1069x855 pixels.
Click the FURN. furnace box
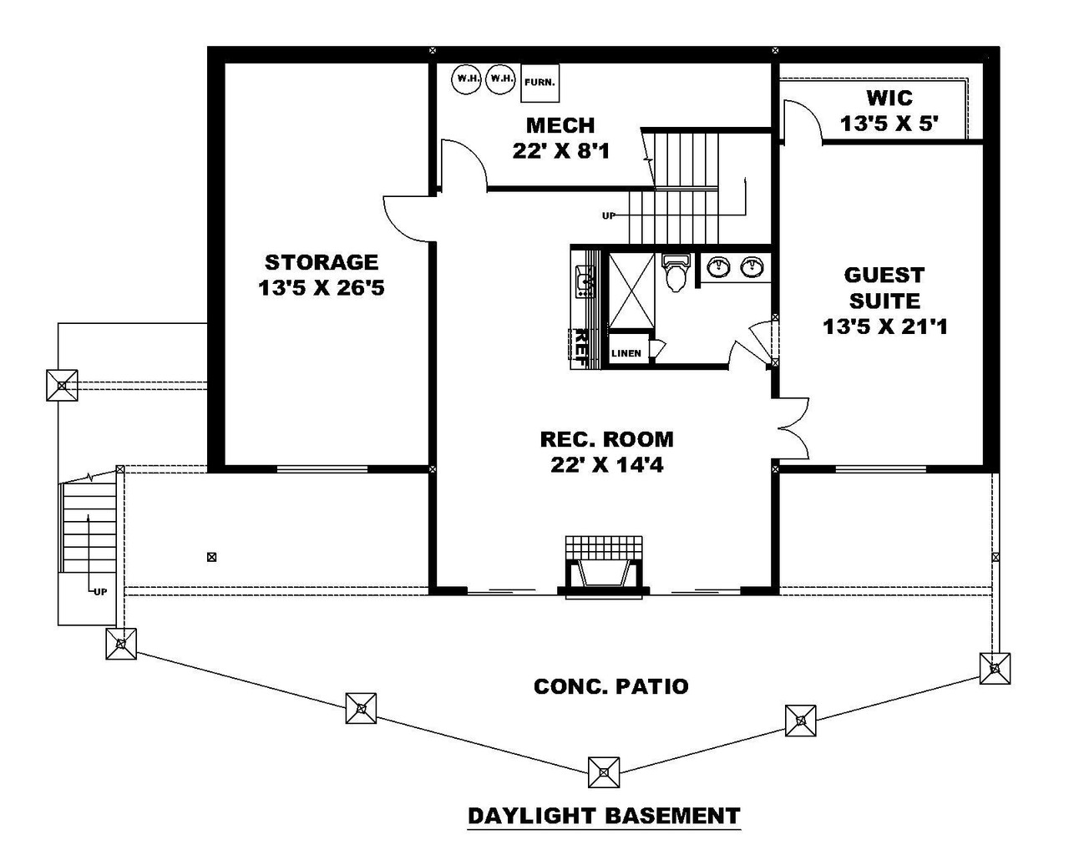click(x=540, y=83)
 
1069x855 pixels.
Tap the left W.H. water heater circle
click(x=467, y=79)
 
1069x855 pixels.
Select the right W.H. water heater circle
click(x=501, y=79)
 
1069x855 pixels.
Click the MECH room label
click(x=560, y=126)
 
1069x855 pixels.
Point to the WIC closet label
click(x=889, y=99)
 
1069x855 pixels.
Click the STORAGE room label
click(x=322, y=262)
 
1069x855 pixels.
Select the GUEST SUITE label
click(x=884, y=288)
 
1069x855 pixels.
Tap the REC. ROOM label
click(x=606, y=439)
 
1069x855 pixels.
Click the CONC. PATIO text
click(x=611, y=686)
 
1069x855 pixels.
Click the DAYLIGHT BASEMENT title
click(x=604, y=815)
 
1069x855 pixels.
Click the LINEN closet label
click(x=626, y=353)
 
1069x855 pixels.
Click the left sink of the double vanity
click(x=718, y=267)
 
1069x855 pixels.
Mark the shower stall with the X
click(x=631, y=290)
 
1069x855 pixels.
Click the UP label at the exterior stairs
click(x=100, y=592)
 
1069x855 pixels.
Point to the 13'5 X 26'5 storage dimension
click(x=322, y=289)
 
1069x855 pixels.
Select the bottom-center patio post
click(x=604, y=772)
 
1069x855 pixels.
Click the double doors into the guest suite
click(x=793, y=428)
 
